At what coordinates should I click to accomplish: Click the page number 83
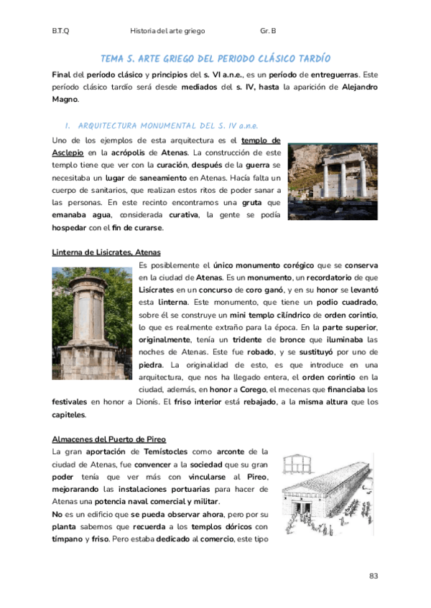pyautogui.click(x=373, y=576)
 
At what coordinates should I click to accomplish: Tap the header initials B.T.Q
pyautogui.click(x=60, y=32)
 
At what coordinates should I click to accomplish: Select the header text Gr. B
pyautogui.click(x=269, y=32)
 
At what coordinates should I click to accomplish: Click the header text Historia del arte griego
pyautogui.click(x=167, y=32)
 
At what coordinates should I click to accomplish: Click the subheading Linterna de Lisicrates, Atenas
pyautogui.click(x=106, y=252)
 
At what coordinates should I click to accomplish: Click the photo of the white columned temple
pyautogui.click(x=331, y=181)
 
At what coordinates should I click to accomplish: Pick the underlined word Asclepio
pyautogui.click(x=68, y=153)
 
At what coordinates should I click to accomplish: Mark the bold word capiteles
pyautogui.click(x=69, y=414)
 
